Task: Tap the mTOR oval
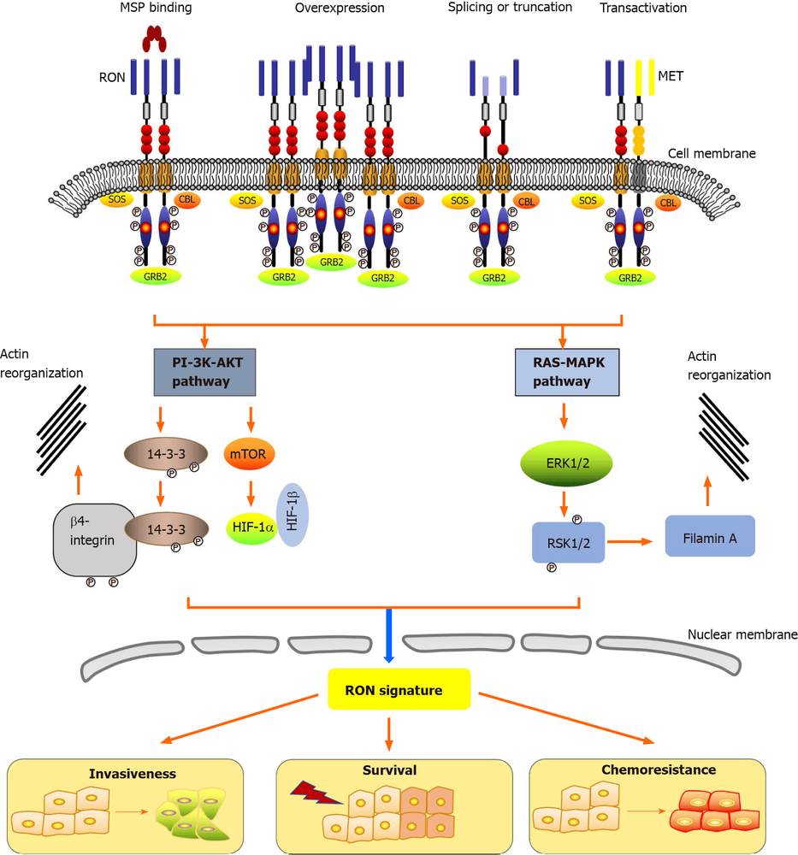[x=250, y=454]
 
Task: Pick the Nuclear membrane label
[x=741, y=635]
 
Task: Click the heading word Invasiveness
[x=132, y=773]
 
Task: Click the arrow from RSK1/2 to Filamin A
[x=633, y=540]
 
